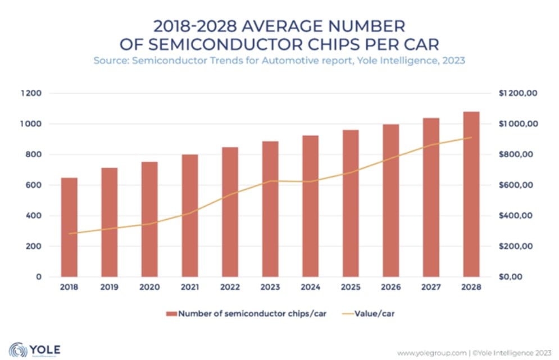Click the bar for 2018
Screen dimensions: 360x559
pyautogui.click(x=69, y=227)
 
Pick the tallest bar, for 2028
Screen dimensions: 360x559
pyautogui.click(x=471, y=194)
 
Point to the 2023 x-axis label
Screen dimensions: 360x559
pyautogui.click(x=270, y=287)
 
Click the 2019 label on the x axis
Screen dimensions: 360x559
pyautogui.click(x=110, y=287)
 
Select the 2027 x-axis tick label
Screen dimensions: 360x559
pyautogui.click(x=431, y=287)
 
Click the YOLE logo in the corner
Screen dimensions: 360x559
pyautogui.click(x=35, y=349)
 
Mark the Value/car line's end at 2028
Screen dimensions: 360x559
pyautogui.click(x=471, y=138)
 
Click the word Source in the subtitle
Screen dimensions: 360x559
pyautogui.click(x=111, y=60)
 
